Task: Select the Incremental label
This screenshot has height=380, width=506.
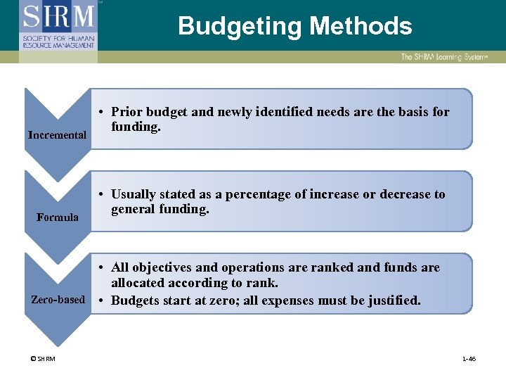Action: (x=58, y=134)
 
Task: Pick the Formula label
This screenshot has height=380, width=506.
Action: (x=58, y=217)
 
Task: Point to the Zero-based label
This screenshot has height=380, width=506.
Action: (x=58, y=300)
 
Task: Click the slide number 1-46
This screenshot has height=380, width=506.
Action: (x=469, y=359)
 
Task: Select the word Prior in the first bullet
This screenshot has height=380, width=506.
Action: (x=126, y=112)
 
